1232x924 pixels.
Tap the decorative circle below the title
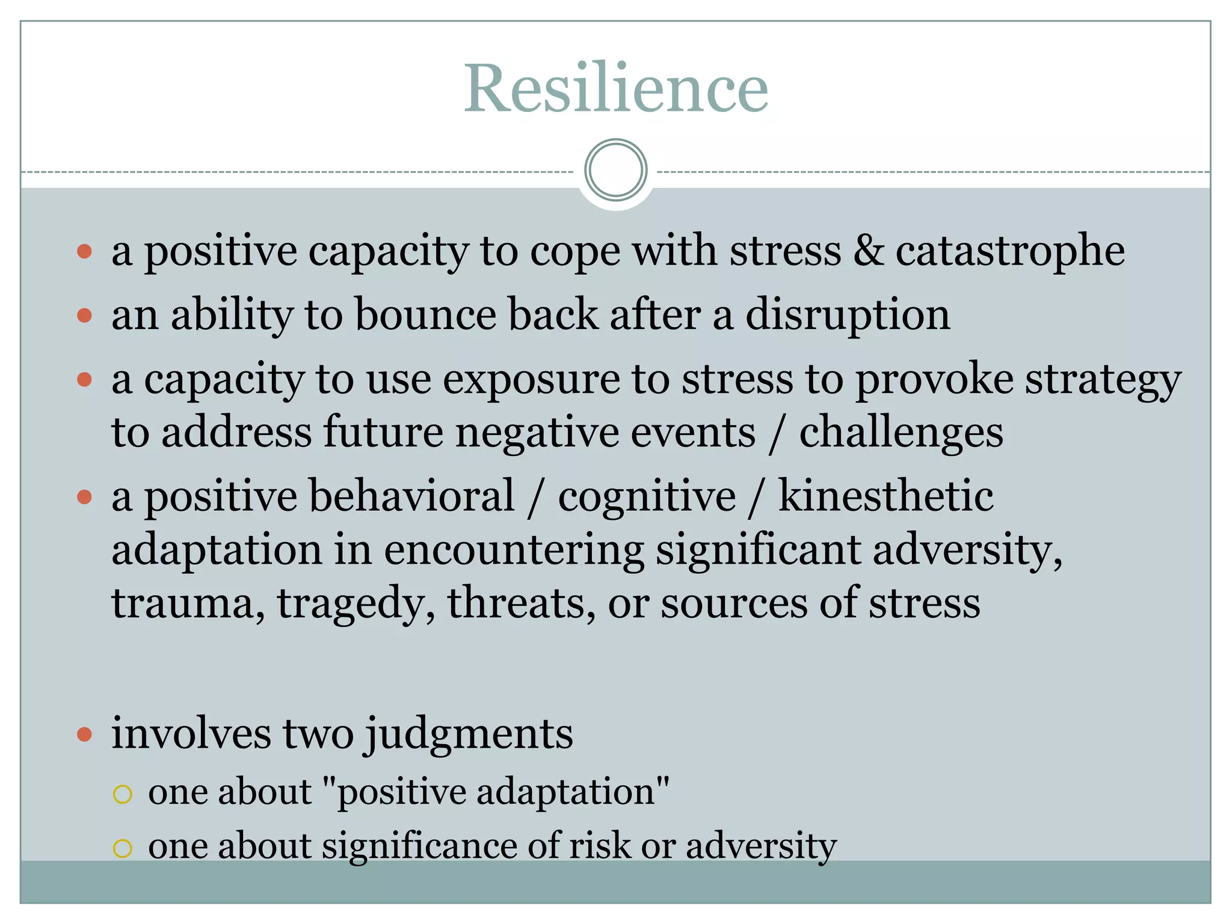click(x=615, y=170)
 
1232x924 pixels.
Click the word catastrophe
click(x=1010, y=250)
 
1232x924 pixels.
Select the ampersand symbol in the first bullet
click(x=868, y=250)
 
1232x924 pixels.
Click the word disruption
click(x=848, y=315)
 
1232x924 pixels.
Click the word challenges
click(x=901, y=433)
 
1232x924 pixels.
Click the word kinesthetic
click(x=885, y=496)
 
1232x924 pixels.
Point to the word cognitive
click(x=647, y=497)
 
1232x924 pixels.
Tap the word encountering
click(x=514, y=550)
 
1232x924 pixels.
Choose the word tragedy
click(x=356, y=603)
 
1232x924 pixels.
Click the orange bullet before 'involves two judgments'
click(x=85, y=734)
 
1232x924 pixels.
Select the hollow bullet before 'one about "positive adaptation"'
click(x=122, y=794)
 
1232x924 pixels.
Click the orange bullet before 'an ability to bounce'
click(x=85, y=315)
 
